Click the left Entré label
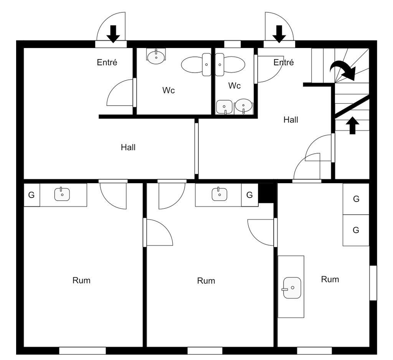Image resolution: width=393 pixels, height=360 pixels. (x=107, y=62)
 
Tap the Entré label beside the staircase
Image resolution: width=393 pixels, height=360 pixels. (x=284, y=62)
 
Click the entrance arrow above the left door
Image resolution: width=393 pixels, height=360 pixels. (x=113, y=34)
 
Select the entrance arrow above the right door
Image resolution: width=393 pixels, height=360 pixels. (x=279, y=34)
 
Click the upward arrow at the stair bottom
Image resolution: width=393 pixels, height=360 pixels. (x=352, y=125)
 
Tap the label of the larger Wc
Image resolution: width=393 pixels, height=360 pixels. (x=168, y=90)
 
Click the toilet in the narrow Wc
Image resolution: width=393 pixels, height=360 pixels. (x=230, y=65)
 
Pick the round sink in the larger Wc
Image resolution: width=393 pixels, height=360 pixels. (x=156, y=57)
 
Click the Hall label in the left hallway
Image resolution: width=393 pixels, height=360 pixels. (x=128, y=147)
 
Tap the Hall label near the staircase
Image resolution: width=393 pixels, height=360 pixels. (x=291, y=119)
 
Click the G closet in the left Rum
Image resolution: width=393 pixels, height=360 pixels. (x=31, y=195)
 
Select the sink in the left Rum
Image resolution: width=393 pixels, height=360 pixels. (x=62, y=194)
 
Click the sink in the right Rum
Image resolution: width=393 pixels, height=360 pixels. (x=292, y=287)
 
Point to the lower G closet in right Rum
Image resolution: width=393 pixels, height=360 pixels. (x=356, y=230)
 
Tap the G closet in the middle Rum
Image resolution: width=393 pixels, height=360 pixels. (x=249, y=195)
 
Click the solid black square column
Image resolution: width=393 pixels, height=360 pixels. (x=266, y=193)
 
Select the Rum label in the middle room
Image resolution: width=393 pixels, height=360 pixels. (x=206, y=281)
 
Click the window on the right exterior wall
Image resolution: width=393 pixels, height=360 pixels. (x=373, y=283)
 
